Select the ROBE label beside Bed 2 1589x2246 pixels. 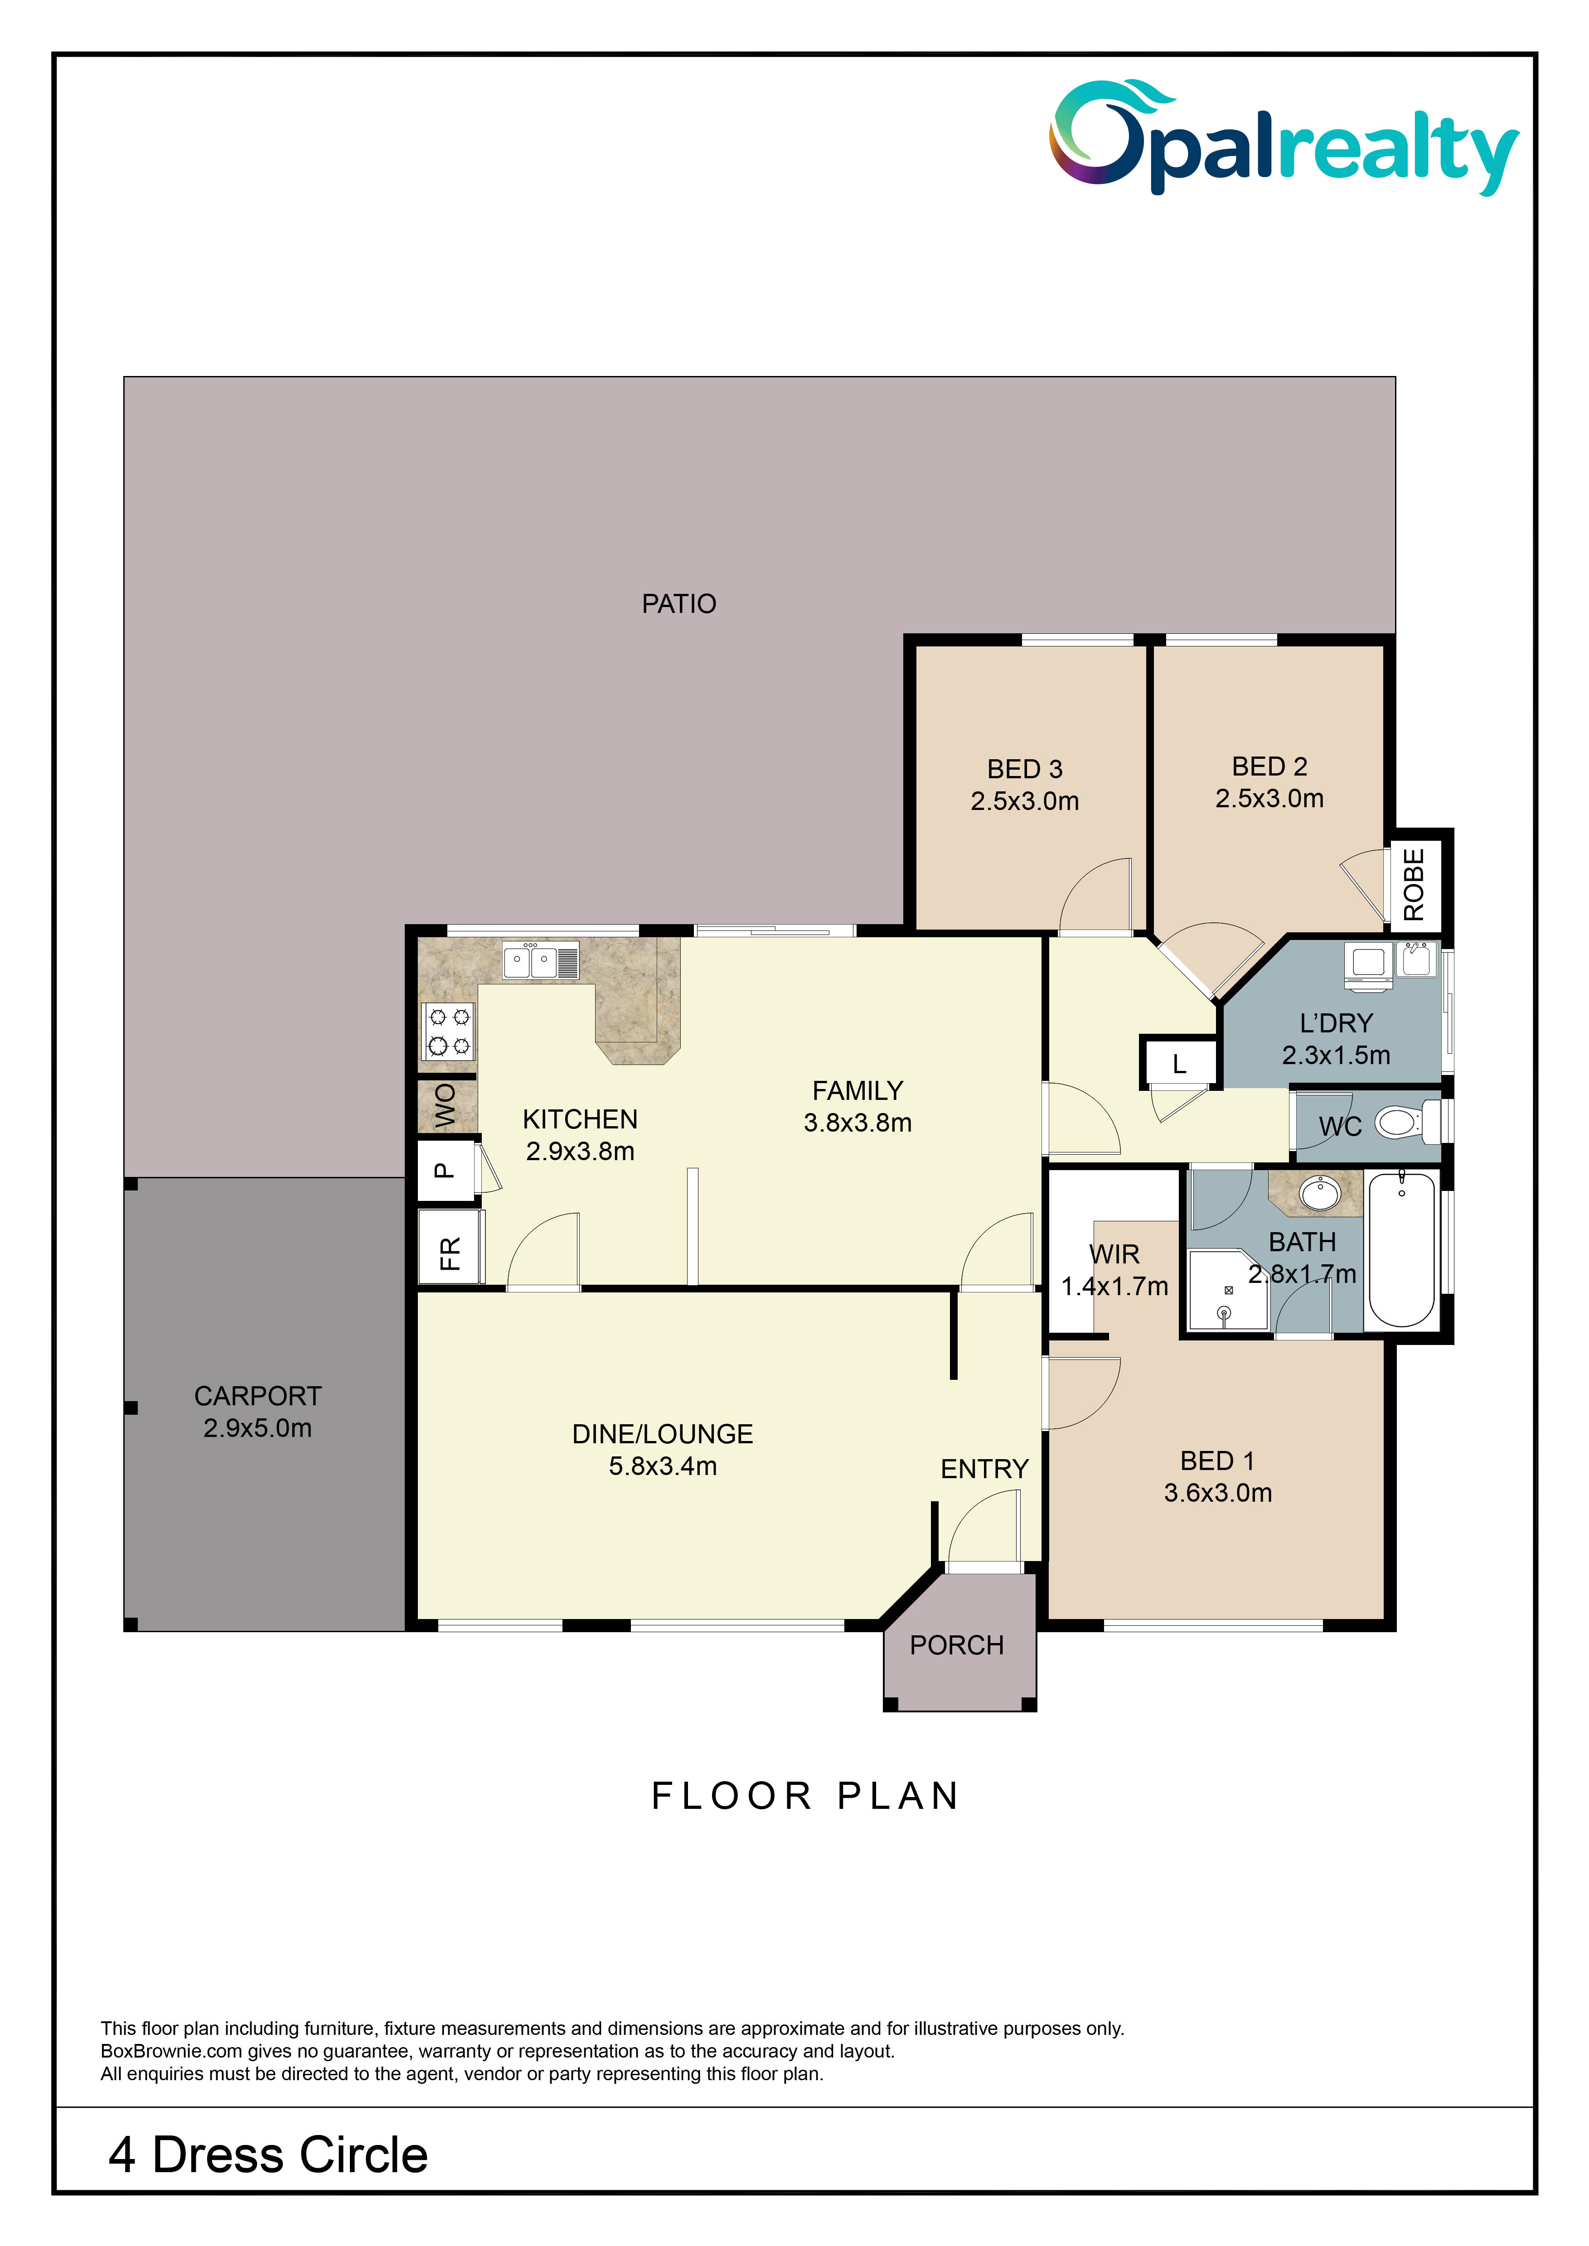click(x=1414, y=884)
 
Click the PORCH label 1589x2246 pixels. click(x=957, y=1645)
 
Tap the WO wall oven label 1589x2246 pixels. click(x=445, y=1105)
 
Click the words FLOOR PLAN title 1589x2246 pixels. click(x=805, y=1796)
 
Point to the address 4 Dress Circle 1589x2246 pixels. click(x=268, y=2155)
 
